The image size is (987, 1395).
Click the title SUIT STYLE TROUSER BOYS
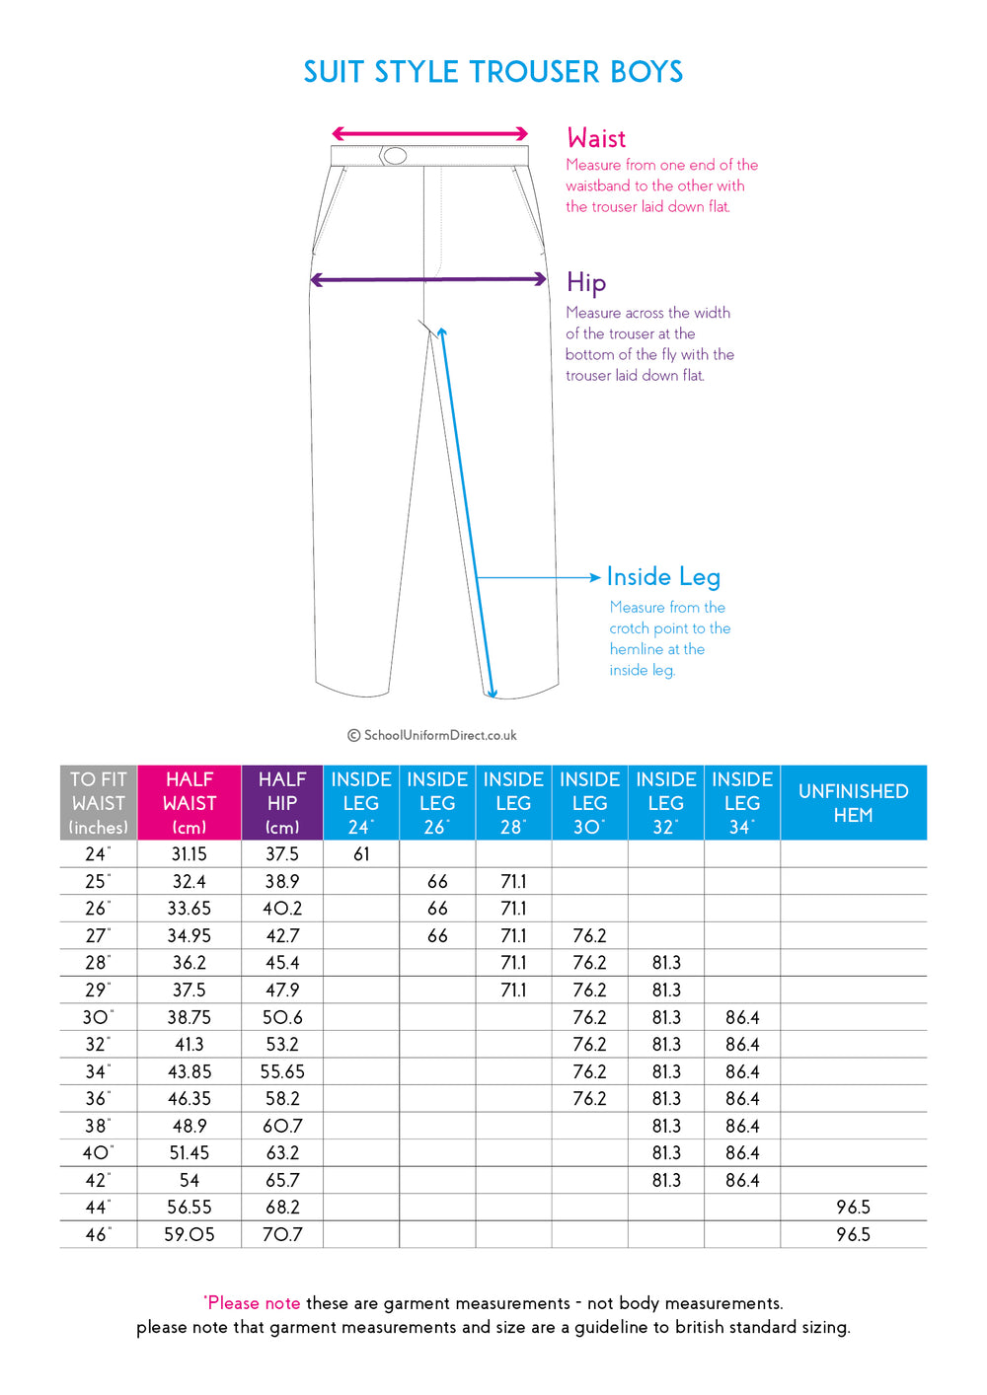493,72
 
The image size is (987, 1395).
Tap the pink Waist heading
596,138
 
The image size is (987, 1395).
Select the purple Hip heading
586,283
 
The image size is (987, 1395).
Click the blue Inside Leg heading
663,576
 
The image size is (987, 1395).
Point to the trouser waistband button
395,155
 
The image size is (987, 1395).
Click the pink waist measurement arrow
429,133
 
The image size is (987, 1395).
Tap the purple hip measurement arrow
428,279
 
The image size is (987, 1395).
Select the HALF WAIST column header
190,803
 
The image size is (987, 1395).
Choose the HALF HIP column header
282,803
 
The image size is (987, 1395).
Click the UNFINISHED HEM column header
853,803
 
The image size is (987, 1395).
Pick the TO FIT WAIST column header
99,803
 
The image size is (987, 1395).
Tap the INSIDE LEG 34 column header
742,803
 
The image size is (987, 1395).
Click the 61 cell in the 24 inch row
361,854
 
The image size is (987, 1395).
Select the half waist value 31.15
190,854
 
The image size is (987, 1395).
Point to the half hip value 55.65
282,1071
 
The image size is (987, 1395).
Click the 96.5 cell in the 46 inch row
853,1234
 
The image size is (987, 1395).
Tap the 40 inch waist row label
97,1153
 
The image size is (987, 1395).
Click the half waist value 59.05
190,1234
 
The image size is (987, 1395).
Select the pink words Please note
253,1303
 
